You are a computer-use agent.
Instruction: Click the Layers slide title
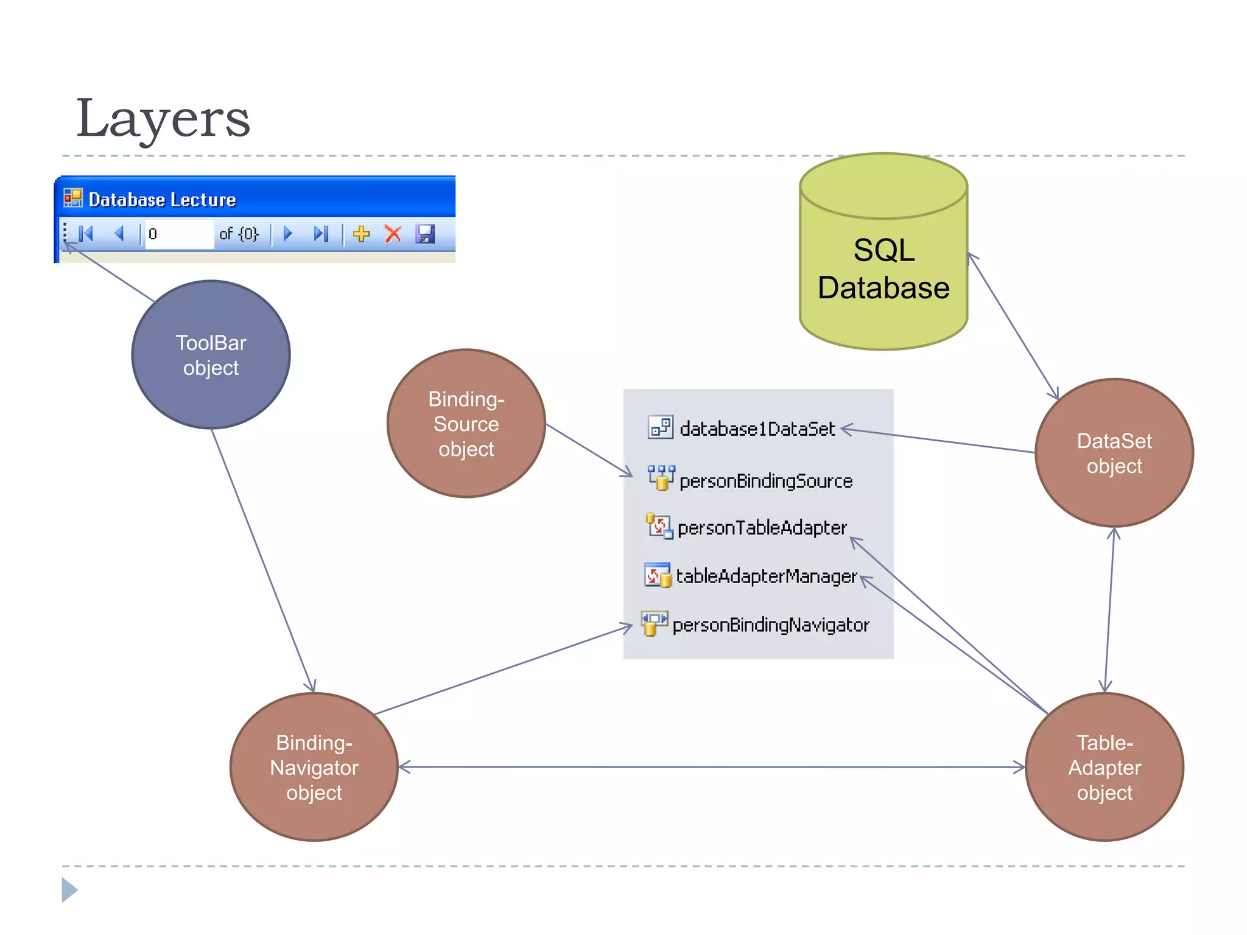tap(163, 118)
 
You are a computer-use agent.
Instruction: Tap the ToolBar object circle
tap(211, 355)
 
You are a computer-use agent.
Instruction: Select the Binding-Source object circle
tap(466, 424)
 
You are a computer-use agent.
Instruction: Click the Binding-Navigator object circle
tap(314, 767)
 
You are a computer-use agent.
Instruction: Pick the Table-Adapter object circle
tap(1104, 767)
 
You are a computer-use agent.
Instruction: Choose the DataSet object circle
tap(1114, 453)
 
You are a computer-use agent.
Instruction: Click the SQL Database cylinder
tap(883, 268)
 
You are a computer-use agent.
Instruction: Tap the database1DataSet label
tap(757, 429)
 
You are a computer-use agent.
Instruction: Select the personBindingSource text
tap(765, 481)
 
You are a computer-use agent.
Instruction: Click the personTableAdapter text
tap(762, 528)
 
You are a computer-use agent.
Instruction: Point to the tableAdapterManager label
tap(766, 576)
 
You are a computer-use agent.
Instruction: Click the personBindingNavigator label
tap(770, 625)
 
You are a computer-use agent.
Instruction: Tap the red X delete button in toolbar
tap(393, 234)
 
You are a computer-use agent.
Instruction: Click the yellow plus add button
tap(362, 234)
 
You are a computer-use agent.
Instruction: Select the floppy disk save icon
tap(425, 234)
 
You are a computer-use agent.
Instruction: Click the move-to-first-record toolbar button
tap(86, 234)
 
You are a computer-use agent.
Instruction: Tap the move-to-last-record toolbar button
tap(321, 234)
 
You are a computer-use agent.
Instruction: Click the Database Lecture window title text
tap(162, 200)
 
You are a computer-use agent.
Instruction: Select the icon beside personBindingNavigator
tap(654, 623)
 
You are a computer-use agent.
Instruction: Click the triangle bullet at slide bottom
tap(69, 890)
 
